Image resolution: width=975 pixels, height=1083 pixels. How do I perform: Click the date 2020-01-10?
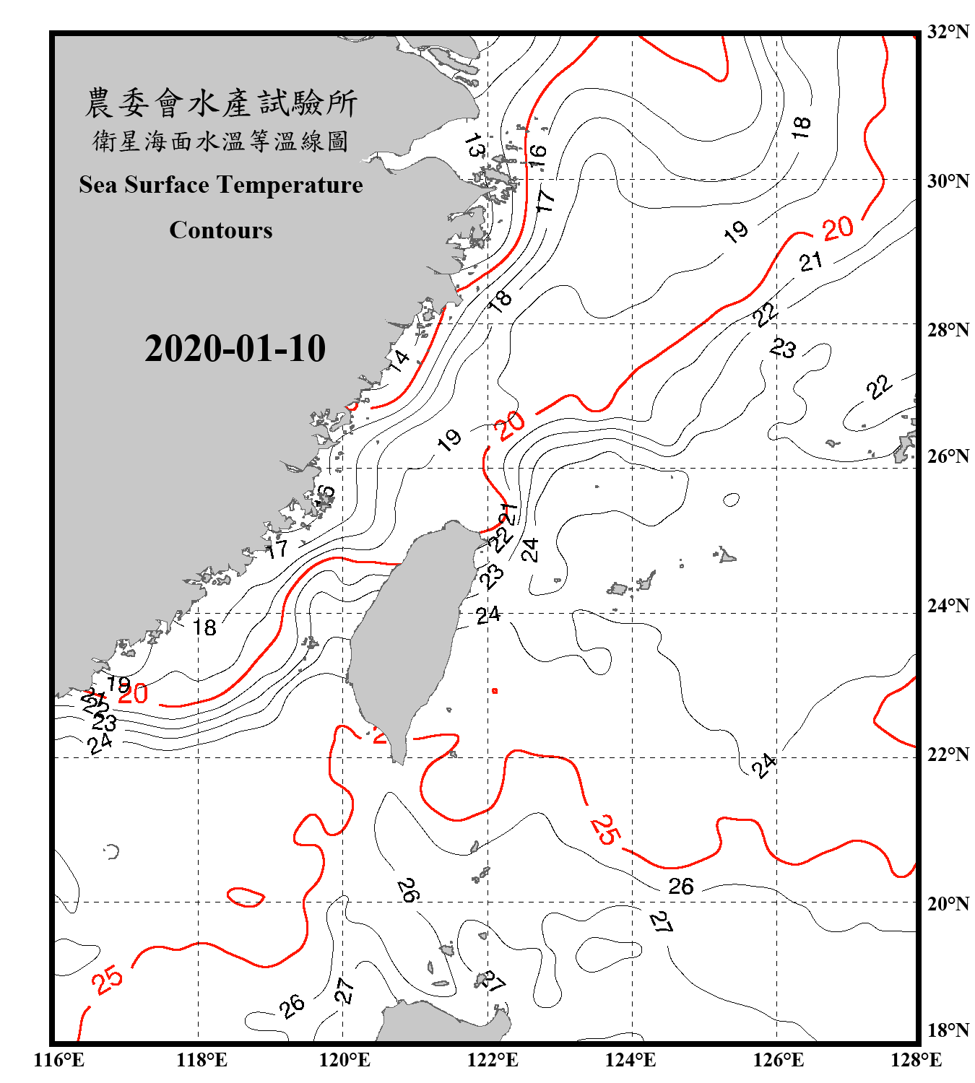235,349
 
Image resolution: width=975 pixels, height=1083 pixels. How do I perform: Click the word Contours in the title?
221,230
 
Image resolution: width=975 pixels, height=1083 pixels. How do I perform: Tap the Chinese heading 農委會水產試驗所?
221,103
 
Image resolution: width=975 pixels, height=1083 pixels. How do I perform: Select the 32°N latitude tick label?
948,32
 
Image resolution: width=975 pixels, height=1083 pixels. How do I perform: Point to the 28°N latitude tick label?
948,330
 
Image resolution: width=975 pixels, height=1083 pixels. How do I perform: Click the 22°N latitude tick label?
948,754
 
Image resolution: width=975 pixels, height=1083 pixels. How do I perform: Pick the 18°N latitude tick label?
948,1030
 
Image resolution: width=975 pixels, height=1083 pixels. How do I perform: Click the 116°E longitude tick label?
59,1060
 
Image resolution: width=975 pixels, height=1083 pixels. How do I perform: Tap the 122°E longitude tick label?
493,1060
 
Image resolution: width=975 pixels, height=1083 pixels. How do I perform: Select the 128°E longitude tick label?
916,1060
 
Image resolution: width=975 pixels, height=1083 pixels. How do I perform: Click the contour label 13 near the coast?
474,145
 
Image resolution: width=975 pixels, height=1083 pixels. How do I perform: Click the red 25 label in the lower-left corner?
108,980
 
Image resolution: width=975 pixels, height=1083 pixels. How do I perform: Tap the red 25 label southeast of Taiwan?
604,829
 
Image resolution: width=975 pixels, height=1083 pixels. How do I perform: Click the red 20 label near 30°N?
838,229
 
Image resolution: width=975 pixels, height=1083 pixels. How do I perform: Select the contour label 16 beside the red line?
537,155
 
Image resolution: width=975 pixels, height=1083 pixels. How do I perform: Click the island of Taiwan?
408,635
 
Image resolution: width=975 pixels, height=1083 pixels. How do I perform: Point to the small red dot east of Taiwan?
495,691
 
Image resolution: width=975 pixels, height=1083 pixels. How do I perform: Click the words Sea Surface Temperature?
221,185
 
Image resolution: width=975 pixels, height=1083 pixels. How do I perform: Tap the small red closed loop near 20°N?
246,897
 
